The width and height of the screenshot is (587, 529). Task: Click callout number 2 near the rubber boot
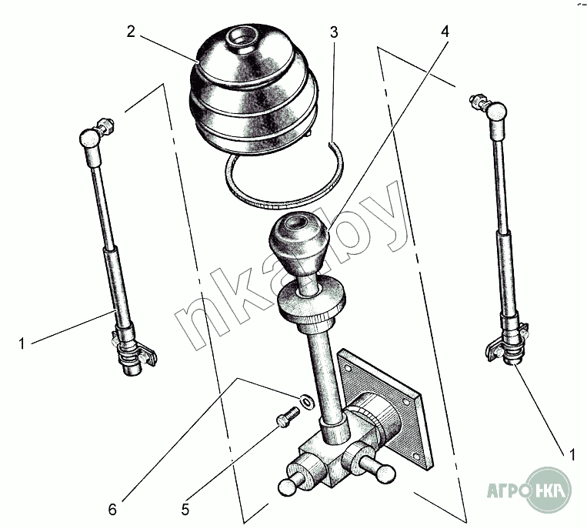click(x=130, y=32)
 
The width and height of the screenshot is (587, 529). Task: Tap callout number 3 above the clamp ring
click(x=334, y=32)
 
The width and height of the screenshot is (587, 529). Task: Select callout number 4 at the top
click(x=445, y=32)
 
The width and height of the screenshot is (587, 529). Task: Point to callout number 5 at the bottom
click(x=185, y=510)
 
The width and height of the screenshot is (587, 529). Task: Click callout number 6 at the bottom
click(x=112, y=510)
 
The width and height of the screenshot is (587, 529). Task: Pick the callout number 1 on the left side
click(x=22, y=343)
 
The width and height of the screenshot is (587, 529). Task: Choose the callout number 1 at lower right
click(x=572, y=455)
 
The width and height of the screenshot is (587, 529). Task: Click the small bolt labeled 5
click(x=288, y=417)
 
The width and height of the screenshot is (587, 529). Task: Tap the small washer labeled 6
click(x=307, y=401)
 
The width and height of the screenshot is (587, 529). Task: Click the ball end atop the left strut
click(x=89, y=139)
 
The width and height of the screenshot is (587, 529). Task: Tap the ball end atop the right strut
click(x=498, y=111)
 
